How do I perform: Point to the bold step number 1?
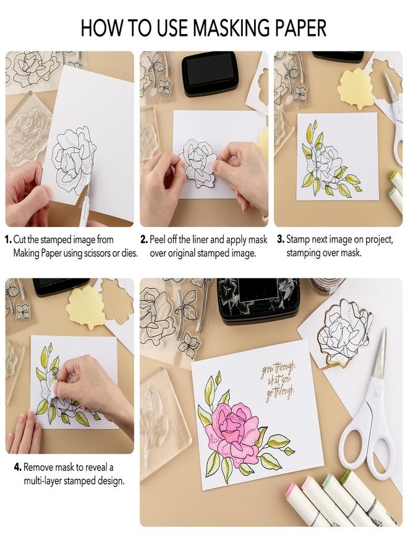coord(8,239)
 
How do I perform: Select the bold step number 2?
coord(143,239)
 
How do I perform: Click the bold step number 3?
coord(279,239)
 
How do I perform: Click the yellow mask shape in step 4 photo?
coord(85,308)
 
